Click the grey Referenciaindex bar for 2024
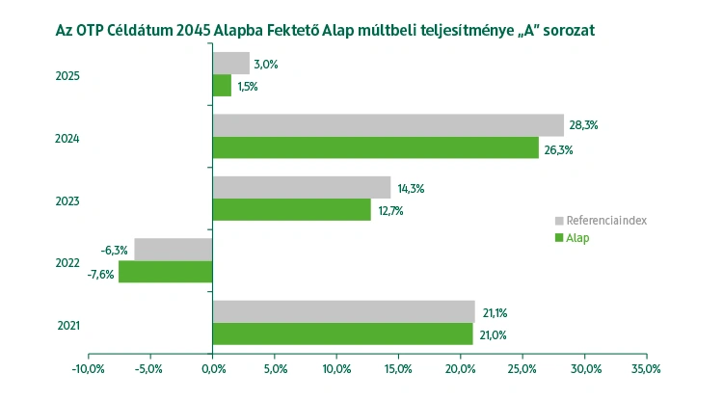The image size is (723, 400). point(388,125)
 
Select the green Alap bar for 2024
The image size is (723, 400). point(375,147)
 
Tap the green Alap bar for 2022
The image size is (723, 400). point(166,272)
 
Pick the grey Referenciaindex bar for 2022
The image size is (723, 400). point(174,250)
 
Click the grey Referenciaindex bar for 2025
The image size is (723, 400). point(231,64)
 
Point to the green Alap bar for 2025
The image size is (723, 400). point(222,86)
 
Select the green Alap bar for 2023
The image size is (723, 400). point(291,209)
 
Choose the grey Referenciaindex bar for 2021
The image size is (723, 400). point(343,311)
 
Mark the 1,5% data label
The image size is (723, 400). point(248,87)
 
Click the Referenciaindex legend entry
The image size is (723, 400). point(605,221)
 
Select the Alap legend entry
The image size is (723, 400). point(577,238)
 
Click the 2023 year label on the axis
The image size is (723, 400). point(67,200)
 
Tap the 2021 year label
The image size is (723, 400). point(67,325)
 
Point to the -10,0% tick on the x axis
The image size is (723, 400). point(89,368)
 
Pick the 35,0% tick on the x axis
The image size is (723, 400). point(646,368)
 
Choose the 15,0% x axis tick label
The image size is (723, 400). point(398,368)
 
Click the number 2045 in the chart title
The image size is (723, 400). point(200,30)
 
